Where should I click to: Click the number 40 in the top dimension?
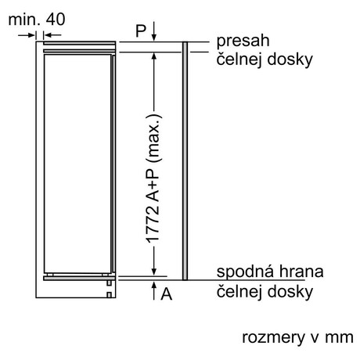coord(56,20)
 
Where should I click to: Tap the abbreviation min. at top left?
coord(25,20)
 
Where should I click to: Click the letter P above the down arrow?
coord(141,31)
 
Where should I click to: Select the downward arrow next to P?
coord(154,31)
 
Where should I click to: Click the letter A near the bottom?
coord(167,294)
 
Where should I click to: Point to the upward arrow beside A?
coord(154,290)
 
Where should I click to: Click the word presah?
coord(243,41)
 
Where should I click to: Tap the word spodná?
coord(245,272)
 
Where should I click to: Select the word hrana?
coord(301,272)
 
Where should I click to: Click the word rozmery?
coord(273,338)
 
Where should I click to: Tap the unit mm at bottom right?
coord(339,338)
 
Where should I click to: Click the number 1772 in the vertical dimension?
coord(153,225)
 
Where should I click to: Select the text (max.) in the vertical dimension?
coord(154,139)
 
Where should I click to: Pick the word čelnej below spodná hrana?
coord(239,291)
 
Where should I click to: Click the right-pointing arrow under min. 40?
coord(27,35)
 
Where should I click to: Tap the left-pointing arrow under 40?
coord(52,34)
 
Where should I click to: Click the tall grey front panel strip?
coord(185,161)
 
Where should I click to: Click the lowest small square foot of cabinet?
coord(109,295)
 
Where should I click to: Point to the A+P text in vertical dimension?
coord(153,185)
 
